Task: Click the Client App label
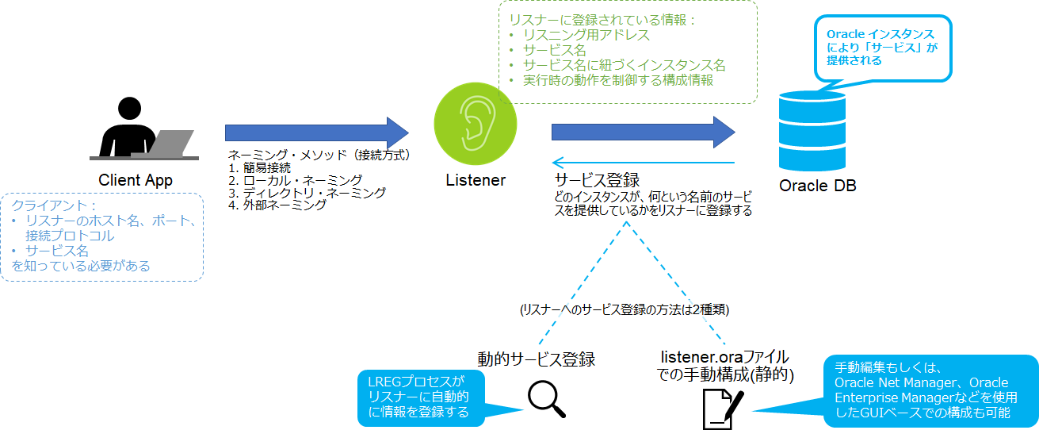136,180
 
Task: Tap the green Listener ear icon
475,120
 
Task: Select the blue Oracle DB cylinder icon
812,132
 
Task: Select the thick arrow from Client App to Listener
316,132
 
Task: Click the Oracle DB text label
817,186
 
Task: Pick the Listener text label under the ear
475,180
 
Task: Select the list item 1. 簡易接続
259,167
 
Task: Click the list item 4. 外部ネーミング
277,205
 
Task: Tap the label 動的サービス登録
536,359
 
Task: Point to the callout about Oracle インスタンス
880,48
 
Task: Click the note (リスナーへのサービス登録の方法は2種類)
624,310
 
